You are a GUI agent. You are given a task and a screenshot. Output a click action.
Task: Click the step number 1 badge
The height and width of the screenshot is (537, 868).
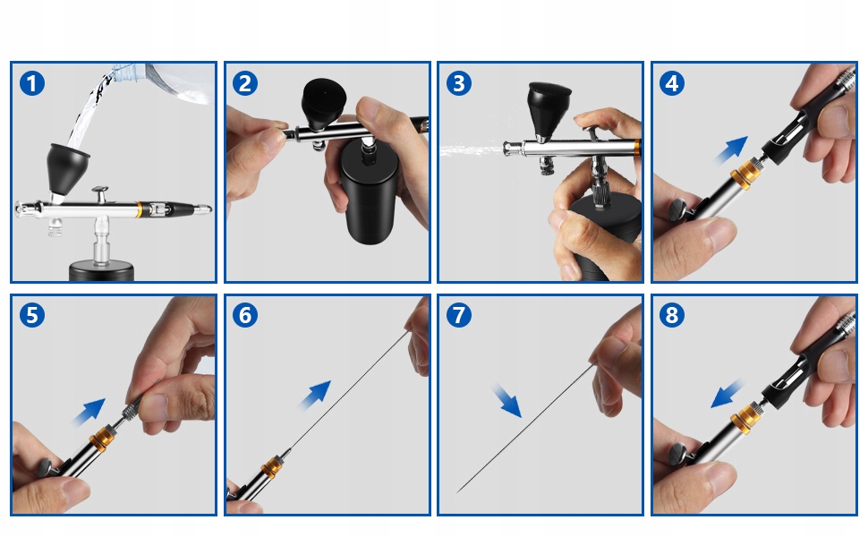[32, 83]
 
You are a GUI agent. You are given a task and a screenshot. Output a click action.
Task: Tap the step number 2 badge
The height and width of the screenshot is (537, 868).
[245, 83]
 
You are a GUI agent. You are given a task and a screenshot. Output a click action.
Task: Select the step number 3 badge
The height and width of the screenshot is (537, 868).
[459, 83]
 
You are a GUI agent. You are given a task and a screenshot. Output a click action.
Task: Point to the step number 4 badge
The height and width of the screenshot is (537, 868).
[672, 83]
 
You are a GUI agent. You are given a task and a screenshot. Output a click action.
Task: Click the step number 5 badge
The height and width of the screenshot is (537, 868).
[32, 316]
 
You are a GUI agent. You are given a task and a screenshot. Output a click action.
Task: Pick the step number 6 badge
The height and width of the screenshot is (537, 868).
[245, 316]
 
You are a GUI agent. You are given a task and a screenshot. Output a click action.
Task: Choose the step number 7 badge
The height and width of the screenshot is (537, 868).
[459, 316]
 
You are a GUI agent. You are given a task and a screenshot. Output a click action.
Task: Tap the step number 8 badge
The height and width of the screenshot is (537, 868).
[672, 316]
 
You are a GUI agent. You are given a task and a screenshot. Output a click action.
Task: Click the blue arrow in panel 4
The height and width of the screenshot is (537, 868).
[732, 150]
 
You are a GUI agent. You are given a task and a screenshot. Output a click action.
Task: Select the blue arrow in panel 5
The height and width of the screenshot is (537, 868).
[89, 413]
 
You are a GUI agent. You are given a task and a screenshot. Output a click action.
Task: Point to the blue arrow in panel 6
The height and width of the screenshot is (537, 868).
[316, 396]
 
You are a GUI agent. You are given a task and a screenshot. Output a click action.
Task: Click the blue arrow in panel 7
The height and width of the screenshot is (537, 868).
[506, 401]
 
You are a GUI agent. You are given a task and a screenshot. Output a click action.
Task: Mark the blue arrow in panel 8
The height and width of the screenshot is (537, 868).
[728, 394]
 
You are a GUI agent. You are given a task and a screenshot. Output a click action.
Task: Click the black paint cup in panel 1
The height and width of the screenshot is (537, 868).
[67, 168]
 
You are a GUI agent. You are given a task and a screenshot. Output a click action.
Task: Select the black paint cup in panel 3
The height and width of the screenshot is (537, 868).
[549, 110]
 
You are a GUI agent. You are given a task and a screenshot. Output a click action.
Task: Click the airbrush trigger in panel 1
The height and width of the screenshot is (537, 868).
[100, 194]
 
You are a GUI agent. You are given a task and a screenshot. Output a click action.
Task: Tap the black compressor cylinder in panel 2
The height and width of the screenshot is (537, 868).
[368, 192]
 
